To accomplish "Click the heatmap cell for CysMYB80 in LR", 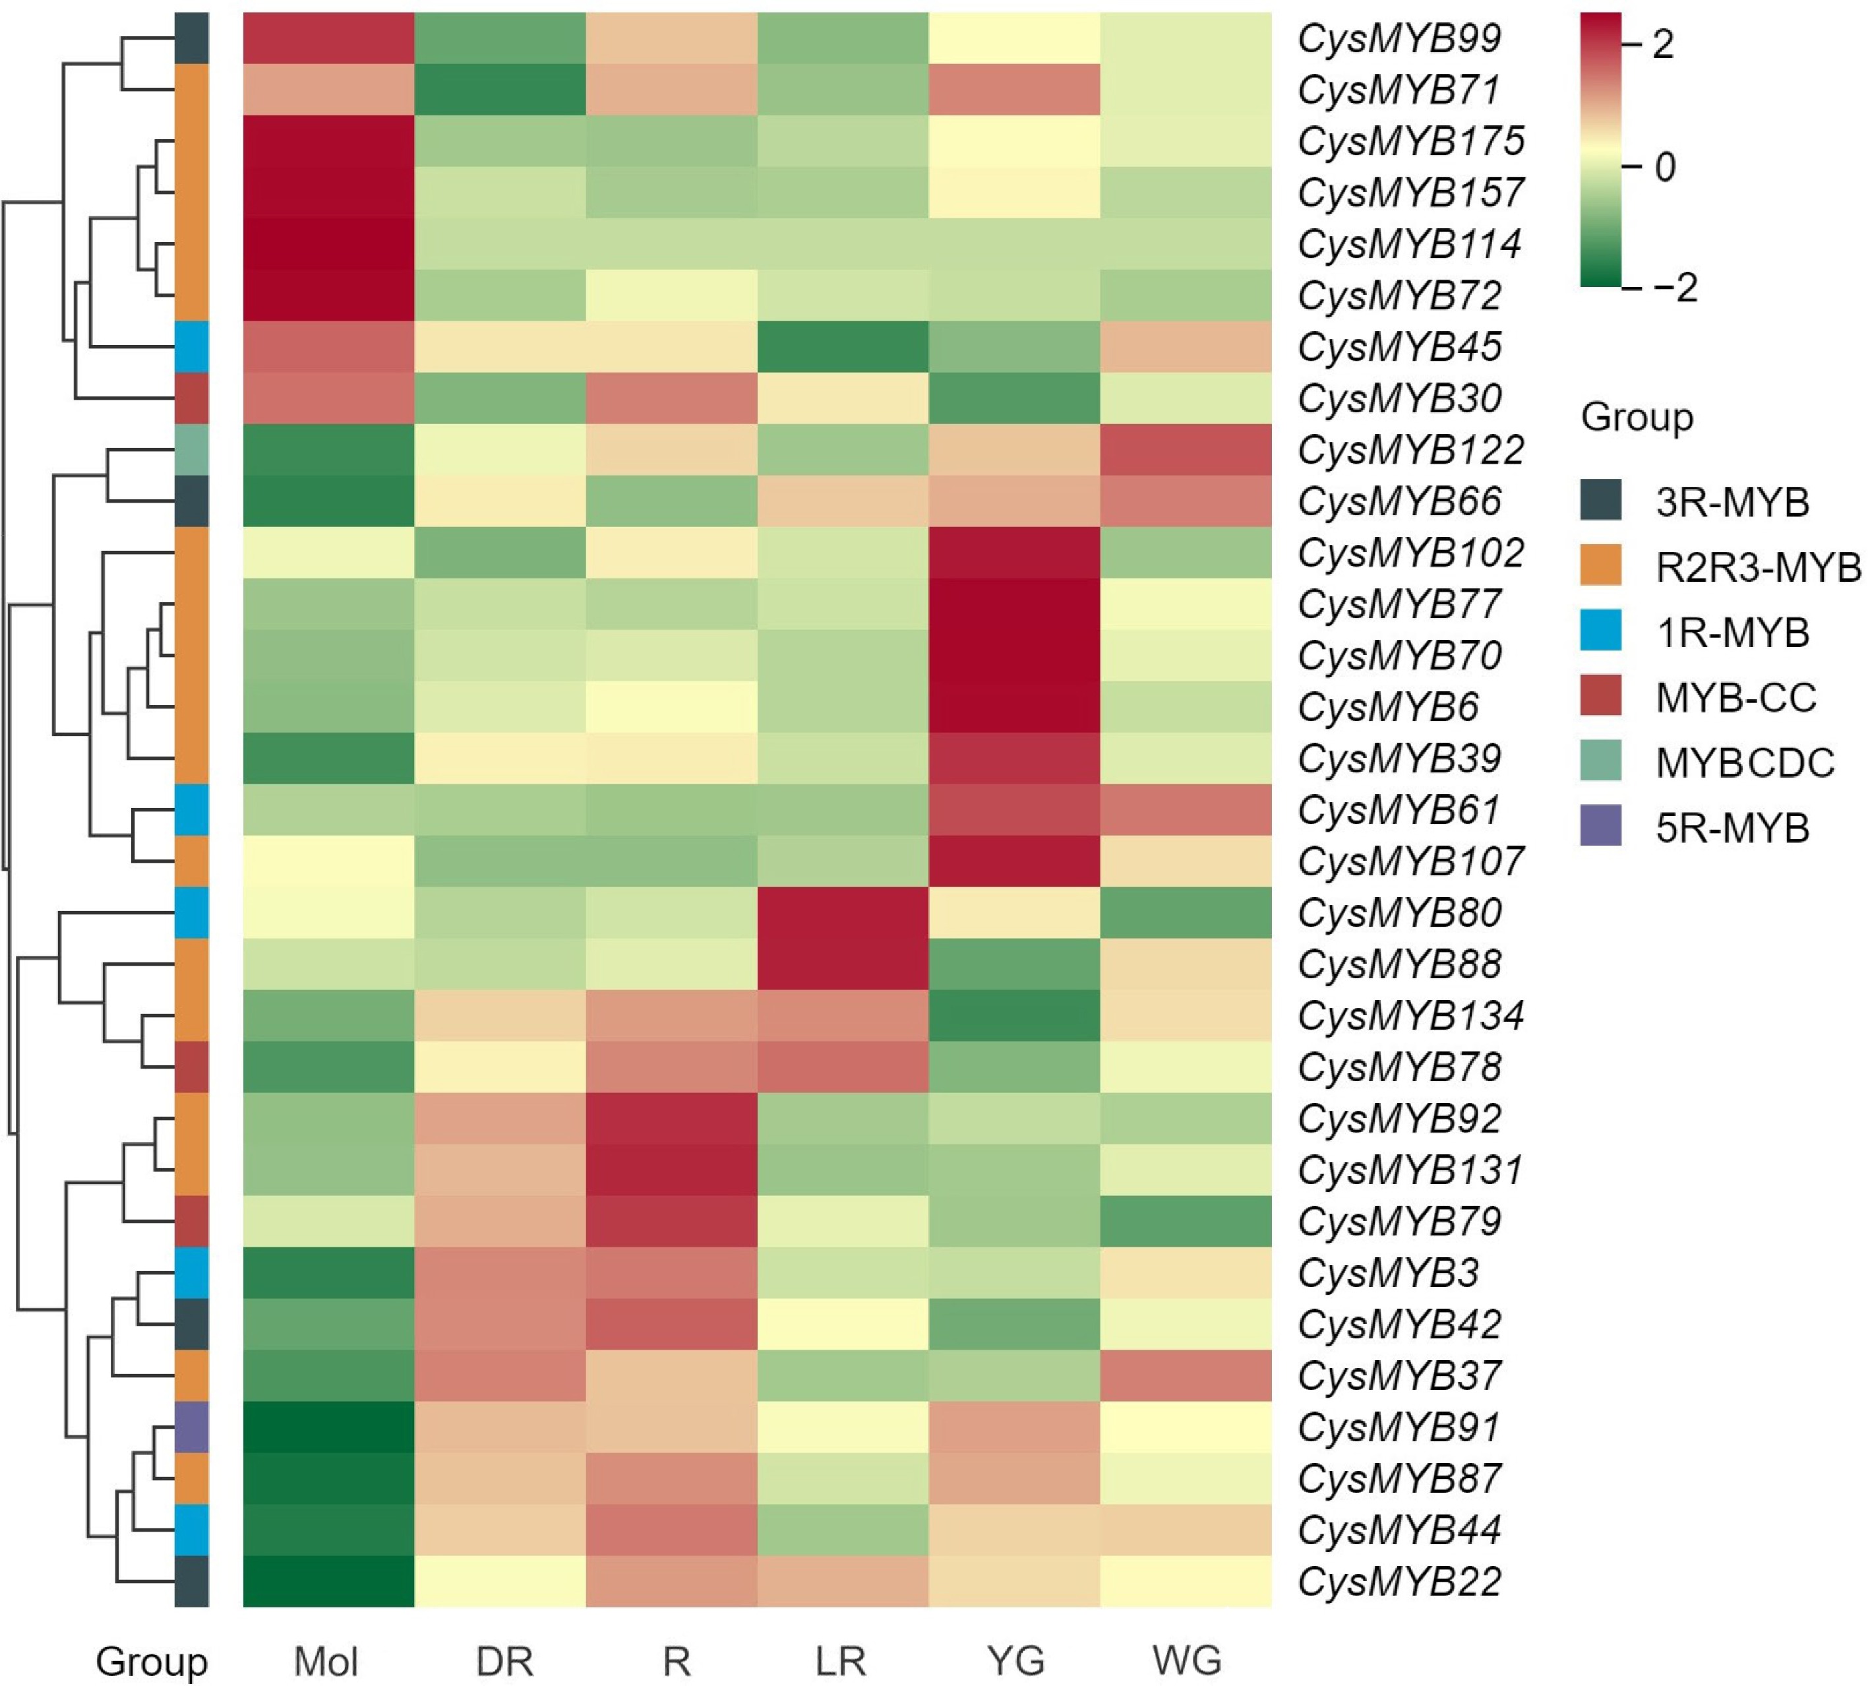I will pos(843,914).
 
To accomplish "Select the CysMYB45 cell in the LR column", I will pos(843,348).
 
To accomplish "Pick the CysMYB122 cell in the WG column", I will pos(1186,451).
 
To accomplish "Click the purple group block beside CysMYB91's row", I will pos(192,1427).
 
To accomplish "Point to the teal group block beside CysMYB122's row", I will pos(192,451).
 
